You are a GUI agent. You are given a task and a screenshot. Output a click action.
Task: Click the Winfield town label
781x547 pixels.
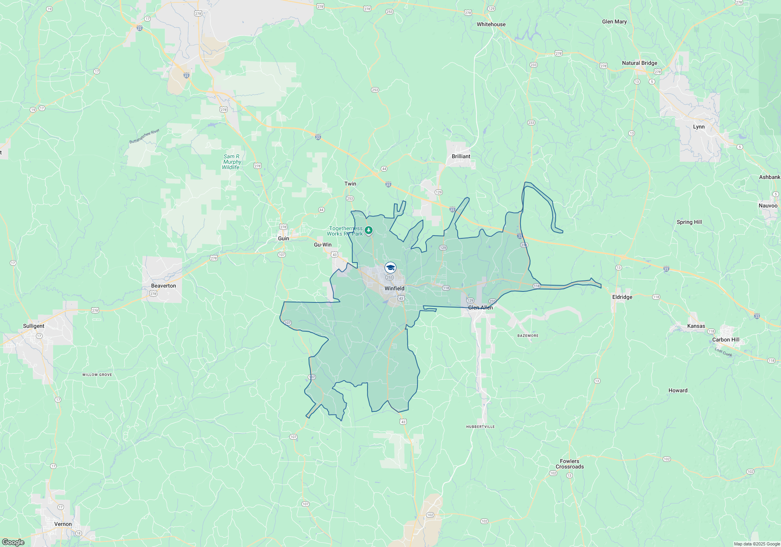[x=394, y=288]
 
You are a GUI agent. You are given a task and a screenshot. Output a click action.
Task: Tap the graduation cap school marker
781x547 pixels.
[x=390, y=268]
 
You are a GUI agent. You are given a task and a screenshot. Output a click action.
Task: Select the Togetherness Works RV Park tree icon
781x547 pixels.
[x=369, y=230]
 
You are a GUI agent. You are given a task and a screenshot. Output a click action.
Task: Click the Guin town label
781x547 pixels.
[x=284, y=238]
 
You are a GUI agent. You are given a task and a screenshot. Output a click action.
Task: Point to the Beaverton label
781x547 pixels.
[x=163, y=286]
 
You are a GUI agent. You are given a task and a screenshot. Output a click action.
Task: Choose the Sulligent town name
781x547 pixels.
[x=34, y=326]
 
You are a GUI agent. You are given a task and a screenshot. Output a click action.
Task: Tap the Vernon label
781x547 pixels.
[x=63, y=524]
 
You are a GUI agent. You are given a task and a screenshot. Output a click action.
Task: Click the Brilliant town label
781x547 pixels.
[x=461, y=156]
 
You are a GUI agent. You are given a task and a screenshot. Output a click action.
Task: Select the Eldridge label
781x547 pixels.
[x=622, y=297]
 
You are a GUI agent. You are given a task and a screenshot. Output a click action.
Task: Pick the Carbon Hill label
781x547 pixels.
[x=726, y=340]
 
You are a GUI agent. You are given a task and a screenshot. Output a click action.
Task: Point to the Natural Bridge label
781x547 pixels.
[x=639, y=63]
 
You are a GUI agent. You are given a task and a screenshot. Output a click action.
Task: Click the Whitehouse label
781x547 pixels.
[x=491, y=24]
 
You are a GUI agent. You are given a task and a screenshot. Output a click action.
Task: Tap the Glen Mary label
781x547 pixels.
[x=614, y=21]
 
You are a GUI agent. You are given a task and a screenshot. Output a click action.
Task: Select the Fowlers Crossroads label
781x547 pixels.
[x=569, y=464]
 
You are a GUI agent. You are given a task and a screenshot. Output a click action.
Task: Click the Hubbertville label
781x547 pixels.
[x=480, y=427]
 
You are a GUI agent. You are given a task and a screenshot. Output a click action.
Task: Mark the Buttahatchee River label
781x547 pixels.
[x=144, y=136]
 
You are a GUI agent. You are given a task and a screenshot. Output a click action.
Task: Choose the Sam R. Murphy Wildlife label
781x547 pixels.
[x=232, y=162]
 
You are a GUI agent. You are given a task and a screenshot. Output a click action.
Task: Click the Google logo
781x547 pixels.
[x=13, y=542]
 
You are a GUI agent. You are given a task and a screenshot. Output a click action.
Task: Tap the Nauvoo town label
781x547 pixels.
[x=768, y=206]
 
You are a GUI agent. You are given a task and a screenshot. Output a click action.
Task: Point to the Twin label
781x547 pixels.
[x=350, y=184]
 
